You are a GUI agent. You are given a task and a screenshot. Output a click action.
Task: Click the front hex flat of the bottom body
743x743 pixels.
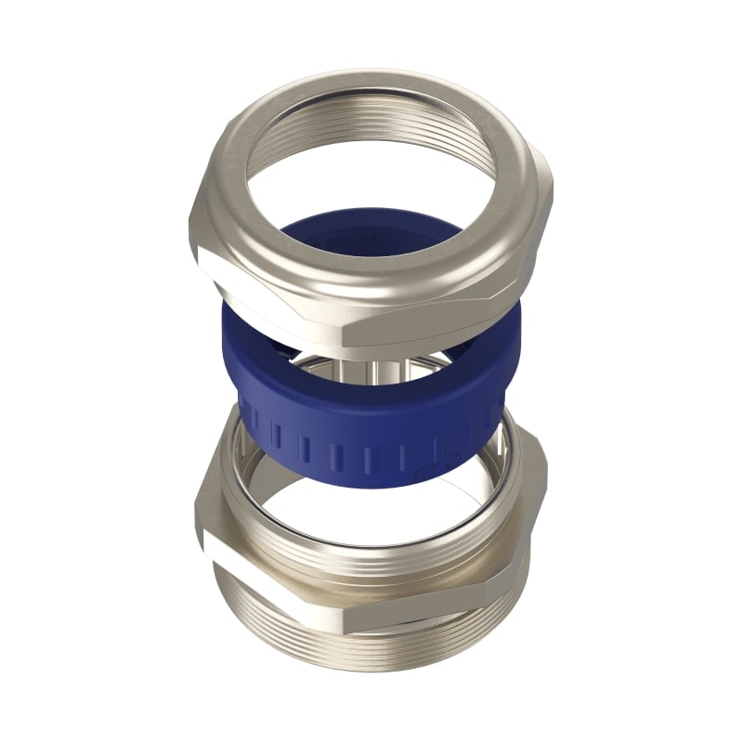[x=409, y=594]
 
